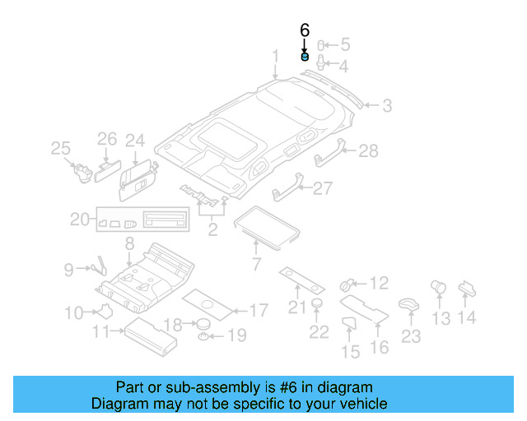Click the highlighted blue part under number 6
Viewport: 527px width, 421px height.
coord(305,58)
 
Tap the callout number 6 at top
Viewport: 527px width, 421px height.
coord(305,30)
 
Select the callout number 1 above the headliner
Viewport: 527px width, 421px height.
coord(277,56)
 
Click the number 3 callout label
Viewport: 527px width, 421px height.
coord(386,105)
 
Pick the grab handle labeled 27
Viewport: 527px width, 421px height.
coord(285,191)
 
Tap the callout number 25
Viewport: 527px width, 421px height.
coord(60,148)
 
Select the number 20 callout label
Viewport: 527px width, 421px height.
coord(79,220)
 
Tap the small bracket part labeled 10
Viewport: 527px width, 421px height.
coord(105,311)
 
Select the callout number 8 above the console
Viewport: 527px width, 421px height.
coord(129,243)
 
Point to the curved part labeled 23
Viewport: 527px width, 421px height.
coord(408,304)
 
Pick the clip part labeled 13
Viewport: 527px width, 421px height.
coord(438,288)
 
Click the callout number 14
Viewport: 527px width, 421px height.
coord(467,317)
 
